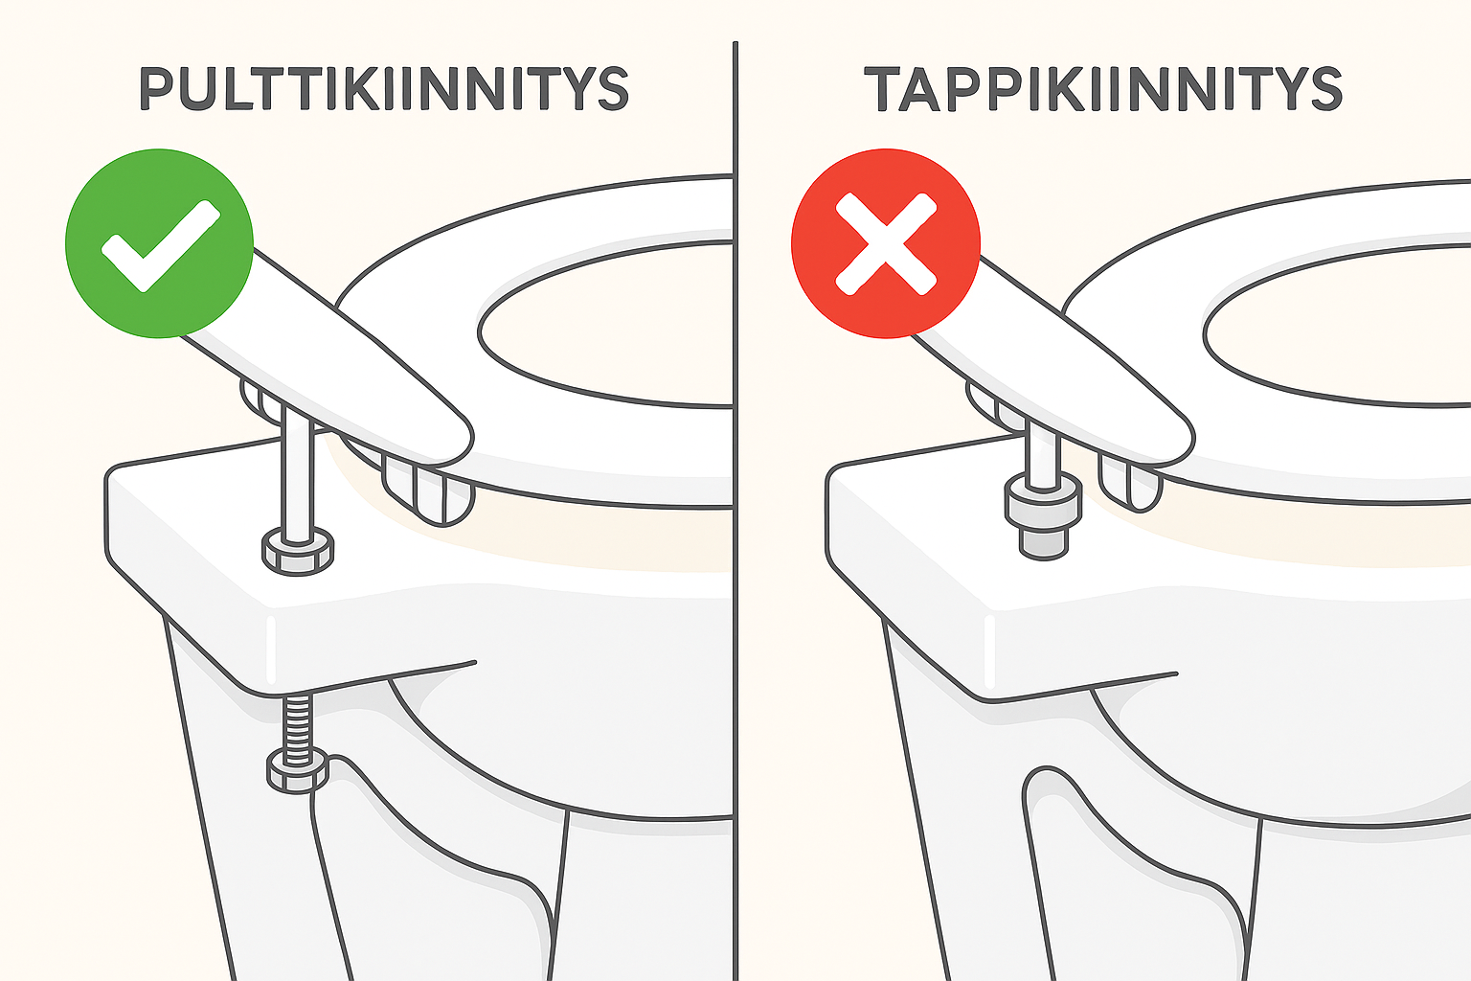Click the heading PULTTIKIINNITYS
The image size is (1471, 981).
point(384,89)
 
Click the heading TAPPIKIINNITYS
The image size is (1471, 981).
point(1102,89)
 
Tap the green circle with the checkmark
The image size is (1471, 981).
point(160,243)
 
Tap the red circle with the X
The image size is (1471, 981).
point(886,243)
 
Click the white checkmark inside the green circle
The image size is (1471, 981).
point(160,245)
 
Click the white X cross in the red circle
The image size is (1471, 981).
point(886,243)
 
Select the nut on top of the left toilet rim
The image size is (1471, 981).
point(298,551)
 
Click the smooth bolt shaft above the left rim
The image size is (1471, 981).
point(298,473)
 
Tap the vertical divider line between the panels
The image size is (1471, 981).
point(735,512)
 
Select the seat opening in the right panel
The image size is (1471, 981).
point(1336,326)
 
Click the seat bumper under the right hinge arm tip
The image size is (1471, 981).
point(1131,483)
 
